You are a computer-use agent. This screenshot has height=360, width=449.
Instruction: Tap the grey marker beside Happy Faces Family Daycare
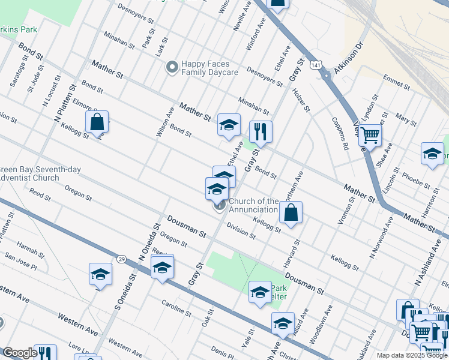(172, 67)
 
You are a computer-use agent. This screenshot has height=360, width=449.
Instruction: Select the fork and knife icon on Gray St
(260, 132)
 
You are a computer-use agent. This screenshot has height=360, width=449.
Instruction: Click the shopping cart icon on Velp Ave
(370, 135)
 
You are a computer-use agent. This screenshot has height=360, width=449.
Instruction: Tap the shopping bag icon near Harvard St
(291, 212)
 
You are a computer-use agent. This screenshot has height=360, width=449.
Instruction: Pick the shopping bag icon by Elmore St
(97, 122)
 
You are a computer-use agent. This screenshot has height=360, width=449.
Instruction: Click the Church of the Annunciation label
(253, 205)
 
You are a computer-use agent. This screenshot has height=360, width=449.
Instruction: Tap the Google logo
(20, 353)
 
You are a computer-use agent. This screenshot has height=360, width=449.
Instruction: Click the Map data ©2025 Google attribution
(411, 355)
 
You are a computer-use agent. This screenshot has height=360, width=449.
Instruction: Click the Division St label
(241, 232)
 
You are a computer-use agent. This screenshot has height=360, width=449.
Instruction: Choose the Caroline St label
(176, 308)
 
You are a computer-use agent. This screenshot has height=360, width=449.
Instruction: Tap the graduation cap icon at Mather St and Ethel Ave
(229, 125)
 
